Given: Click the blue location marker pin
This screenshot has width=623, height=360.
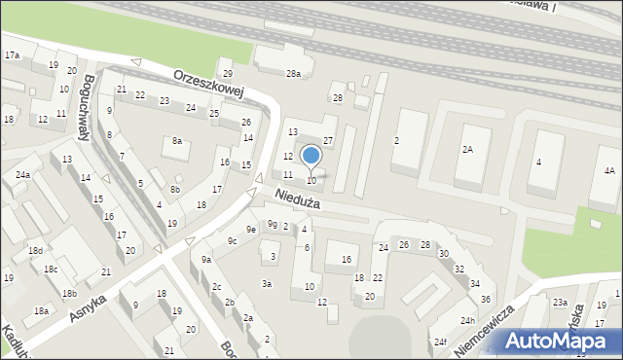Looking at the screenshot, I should click(x=311, y=158).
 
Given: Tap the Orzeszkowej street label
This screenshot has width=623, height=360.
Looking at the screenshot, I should click(x=207, y=84).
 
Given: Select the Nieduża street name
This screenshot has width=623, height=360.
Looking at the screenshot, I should click(x=297, y=200).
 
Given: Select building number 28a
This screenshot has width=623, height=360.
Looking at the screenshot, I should click(x=292, y=73).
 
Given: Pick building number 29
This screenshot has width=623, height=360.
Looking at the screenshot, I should click(x=228, y=74).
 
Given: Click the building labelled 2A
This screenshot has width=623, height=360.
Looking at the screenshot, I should click(x=467, y=150).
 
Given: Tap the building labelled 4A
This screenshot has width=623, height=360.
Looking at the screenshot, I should click(x=608, y=171).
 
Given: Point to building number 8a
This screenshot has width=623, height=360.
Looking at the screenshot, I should click(x=177, y=141).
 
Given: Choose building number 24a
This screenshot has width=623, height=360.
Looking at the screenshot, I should click(x=21, y=174).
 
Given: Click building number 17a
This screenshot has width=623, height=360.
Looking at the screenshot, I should click(x=12, y=55).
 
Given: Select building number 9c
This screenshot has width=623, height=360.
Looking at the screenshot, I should click(x=232, y=240).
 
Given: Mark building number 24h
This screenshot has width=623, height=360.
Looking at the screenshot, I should click(x=467, y=321).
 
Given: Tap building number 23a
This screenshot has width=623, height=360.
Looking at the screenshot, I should click(x=560, y=304).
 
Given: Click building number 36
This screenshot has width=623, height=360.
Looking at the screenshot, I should click(x=485, y=299).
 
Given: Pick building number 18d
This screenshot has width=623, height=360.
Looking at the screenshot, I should click(x=35, y=251).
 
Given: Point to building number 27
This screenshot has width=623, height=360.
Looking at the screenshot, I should click(x=328, y=141).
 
